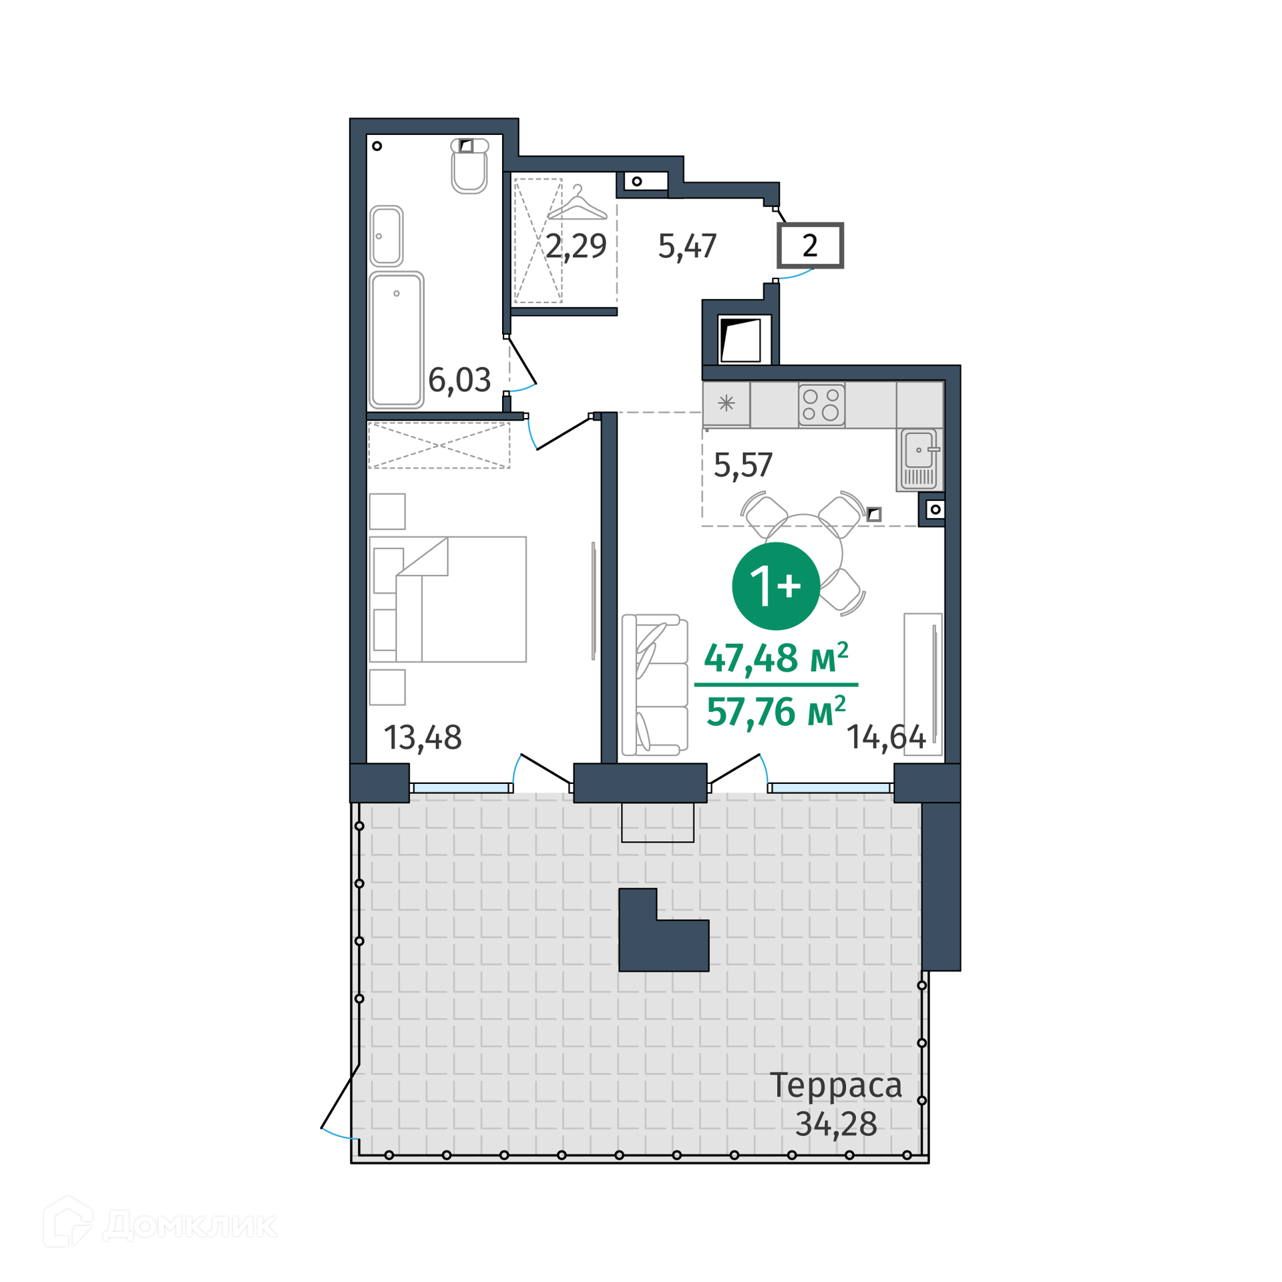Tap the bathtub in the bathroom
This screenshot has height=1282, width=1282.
[396, 340]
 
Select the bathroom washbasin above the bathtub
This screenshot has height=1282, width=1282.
[386, 236]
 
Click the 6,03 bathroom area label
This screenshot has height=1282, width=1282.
[459, 380]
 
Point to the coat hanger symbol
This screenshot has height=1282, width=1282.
[578, 204]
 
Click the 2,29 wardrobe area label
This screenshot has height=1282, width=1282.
[576, 246]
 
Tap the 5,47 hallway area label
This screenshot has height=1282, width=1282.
[687, 246]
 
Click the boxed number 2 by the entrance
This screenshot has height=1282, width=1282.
[810, 246]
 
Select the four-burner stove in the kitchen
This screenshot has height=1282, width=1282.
[821, 405]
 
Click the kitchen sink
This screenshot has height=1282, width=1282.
[919, 459]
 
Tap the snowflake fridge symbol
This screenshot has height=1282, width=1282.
[726, 403]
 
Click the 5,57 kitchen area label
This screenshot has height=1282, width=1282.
[743, 465]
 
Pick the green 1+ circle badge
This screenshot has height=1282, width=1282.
[776, 586]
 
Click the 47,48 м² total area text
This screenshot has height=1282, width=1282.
[777, 658]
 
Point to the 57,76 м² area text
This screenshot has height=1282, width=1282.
[777, 712]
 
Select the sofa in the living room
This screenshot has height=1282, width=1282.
[655, 685]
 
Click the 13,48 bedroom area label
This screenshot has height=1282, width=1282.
[423, 738]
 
